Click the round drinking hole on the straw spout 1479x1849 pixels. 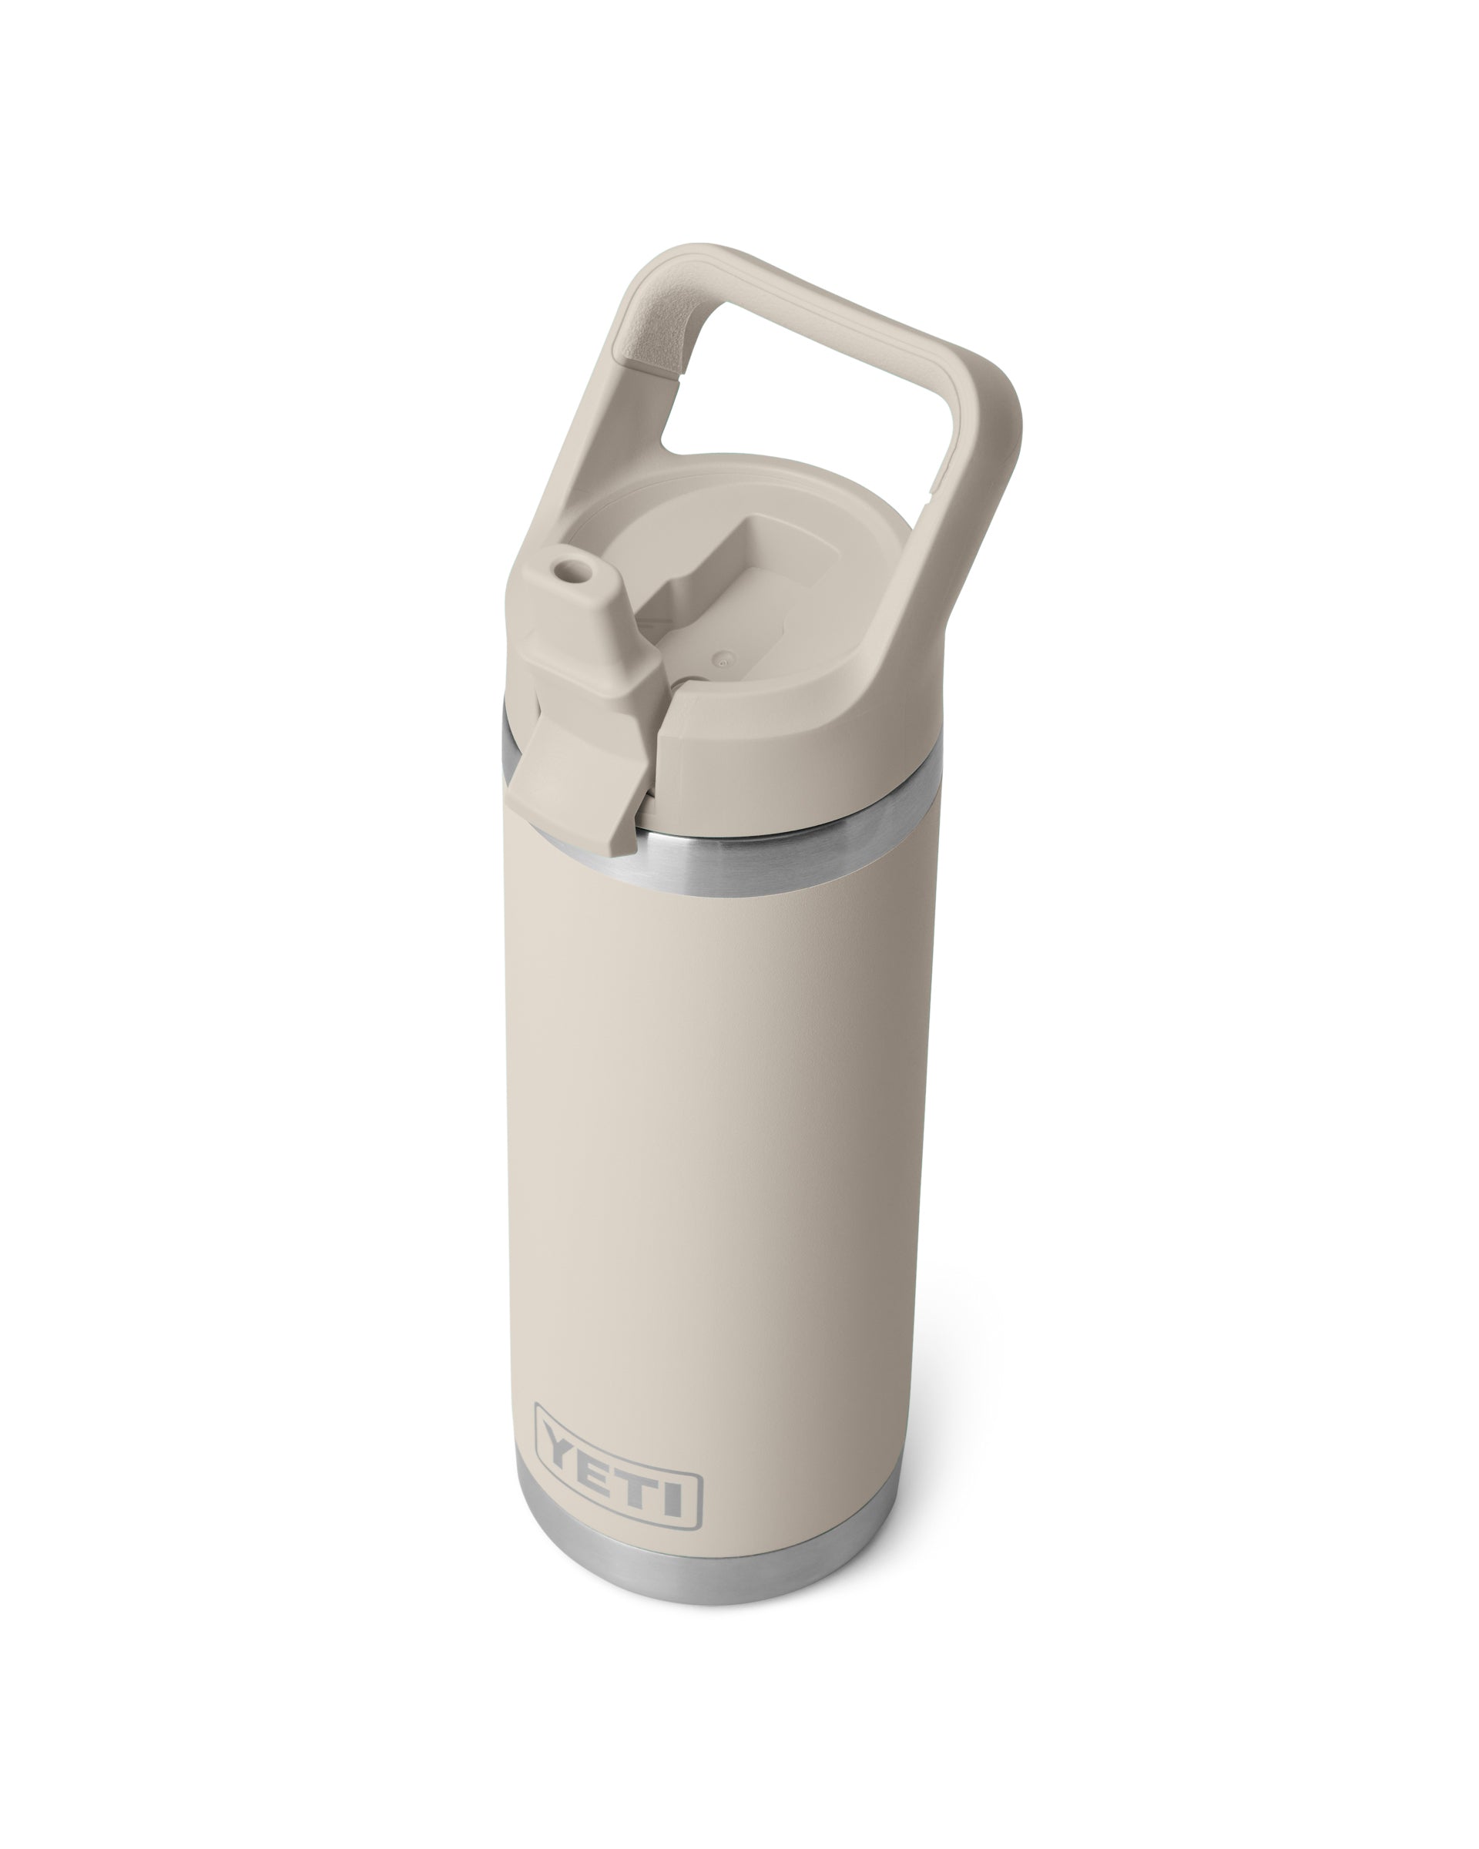(x=565, y=569)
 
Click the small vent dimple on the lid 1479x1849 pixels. (x=722, y=659)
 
